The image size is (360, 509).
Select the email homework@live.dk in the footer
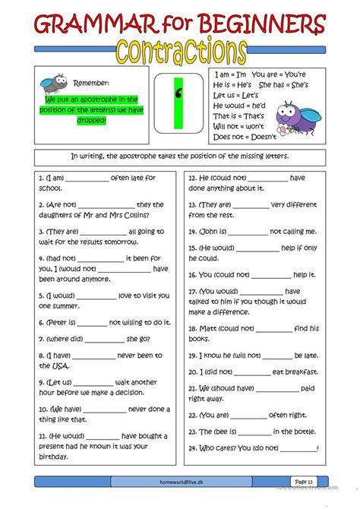coord(179,482)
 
